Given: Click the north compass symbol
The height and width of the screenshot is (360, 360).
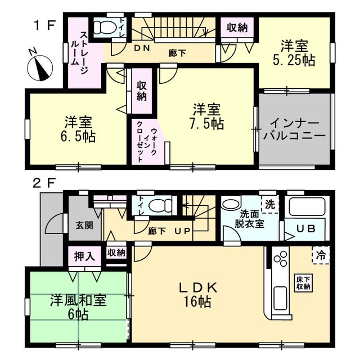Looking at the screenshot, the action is [x=40, y=67].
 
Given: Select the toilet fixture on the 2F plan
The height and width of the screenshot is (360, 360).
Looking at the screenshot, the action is [x=160, y=205].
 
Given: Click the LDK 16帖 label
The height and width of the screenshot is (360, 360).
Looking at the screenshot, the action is [x=198, y=295].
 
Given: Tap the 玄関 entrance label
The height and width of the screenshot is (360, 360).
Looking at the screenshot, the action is [x=85, y=225].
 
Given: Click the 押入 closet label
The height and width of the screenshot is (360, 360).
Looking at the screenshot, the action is [x=84, y=256].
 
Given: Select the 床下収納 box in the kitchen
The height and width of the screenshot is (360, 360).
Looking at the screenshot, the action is [x=303, y=283].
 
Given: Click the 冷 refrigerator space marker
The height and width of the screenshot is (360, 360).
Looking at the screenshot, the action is [x=321, y=255].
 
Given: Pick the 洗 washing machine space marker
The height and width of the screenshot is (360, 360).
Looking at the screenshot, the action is [x=270, y=204].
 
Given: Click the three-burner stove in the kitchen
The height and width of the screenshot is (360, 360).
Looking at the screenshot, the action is [x=281, y=259].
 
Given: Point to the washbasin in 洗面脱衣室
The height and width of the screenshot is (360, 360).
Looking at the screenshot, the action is [x=230, y=204].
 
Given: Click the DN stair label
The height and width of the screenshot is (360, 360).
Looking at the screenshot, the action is [x=142, y=48].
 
